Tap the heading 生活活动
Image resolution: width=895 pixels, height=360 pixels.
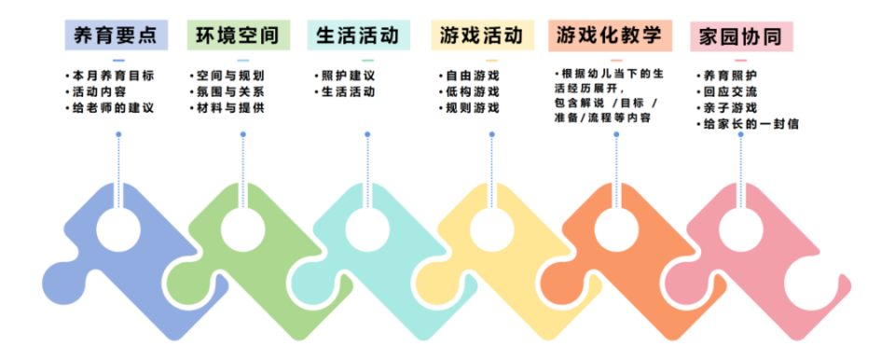358,35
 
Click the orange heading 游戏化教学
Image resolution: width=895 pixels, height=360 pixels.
609,35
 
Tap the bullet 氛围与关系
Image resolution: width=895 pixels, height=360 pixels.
229,91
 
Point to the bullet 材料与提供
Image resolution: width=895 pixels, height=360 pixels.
229,108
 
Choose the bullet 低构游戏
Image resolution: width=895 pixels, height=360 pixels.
472,91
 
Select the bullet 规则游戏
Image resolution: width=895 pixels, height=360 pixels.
472,108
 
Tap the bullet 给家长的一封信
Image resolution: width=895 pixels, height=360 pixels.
751,124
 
